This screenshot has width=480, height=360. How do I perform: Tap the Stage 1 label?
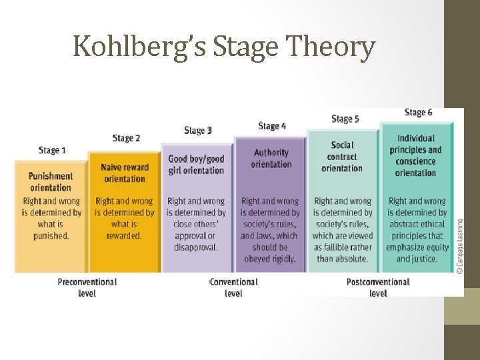click(x=52, y=150)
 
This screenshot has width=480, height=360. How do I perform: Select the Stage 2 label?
click(x=126, y=138)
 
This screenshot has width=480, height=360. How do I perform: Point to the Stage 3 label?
click(x=198, y=130)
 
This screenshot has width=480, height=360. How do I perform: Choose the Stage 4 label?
click(x=272, y=126)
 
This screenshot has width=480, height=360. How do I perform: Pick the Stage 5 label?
click(x=345, y=119)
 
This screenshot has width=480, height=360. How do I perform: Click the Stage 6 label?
click(x=418, y=112)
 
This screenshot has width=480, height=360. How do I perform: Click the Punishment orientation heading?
click(x=51, y=182)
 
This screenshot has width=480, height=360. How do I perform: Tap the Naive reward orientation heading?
click(x=125, y=173)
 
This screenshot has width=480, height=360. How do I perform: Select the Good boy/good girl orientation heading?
click(x=196, y=165)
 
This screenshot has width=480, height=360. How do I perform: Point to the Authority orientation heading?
click(x=271, y=159)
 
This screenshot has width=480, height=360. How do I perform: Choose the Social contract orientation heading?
click(x=342, y=157)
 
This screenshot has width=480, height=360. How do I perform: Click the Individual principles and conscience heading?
click(x=415, y=155)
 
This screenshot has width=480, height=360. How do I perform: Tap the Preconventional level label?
click(x=87, y=287)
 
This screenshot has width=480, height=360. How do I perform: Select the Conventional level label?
click(x=233, y=287)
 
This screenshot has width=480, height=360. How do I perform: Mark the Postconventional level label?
click(x=377, y=287)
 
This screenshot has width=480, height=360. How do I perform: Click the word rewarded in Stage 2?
click(x=124, y=235)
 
